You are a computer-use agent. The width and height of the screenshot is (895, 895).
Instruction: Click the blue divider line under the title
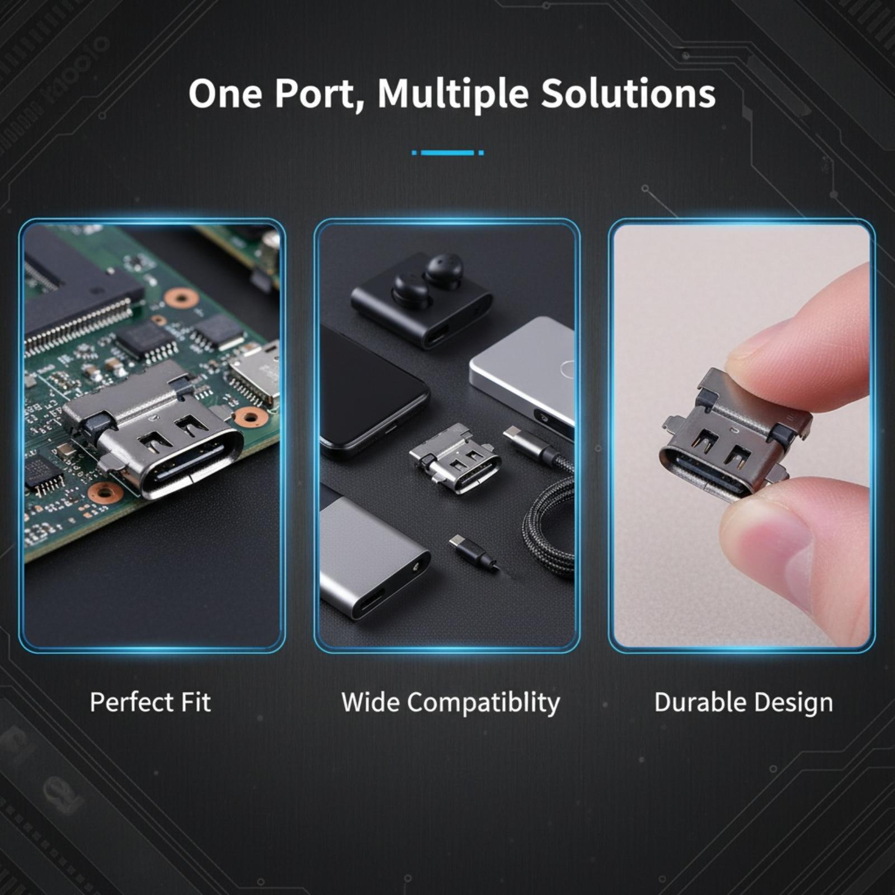447,152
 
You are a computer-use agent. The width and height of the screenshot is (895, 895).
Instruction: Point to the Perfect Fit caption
150,702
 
